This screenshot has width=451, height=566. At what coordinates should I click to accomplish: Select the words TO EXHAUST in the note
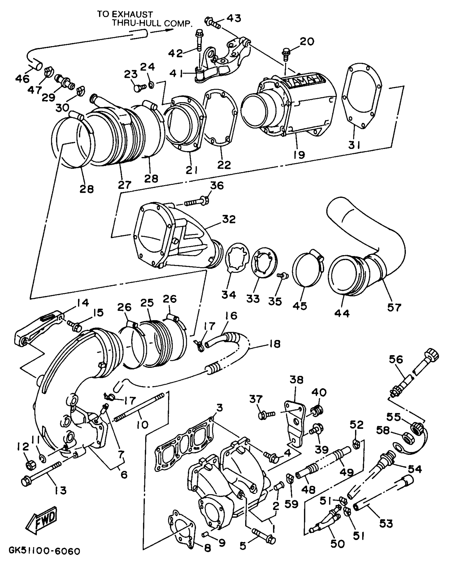coord(125,14)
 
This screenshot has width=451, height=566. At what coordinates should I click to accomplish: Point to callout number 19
coord(299,154)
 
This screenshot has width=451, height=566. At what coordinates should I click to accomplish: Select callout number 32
coord(229,219)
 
